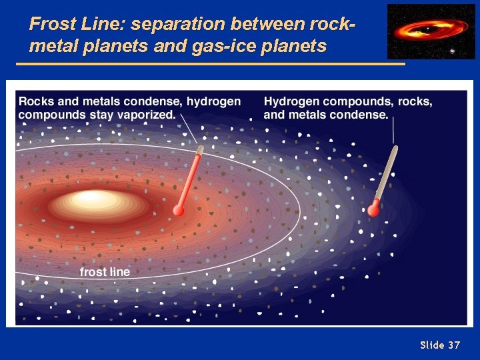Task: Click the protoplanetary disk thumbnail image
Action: [431, 31]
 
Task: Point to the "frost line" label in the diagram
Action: [105, 272]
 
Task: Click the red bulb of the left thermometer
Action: [179, 210]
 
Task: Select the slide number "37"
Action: [454, 345]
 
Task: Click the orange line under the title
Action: [210, 64]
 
